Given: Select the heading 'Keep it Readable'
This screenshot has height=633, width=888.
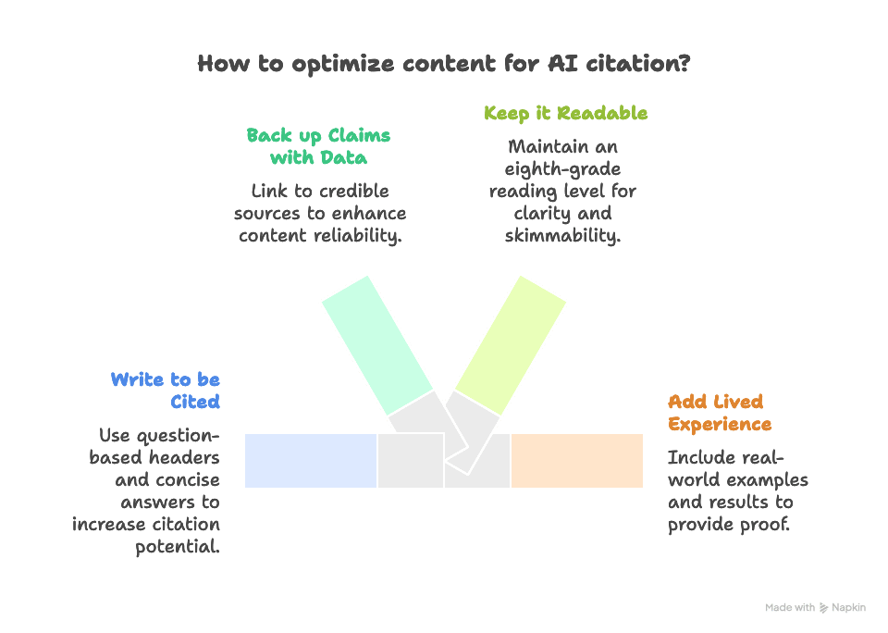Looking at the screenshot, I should pyautogui.click(x=565, y=113).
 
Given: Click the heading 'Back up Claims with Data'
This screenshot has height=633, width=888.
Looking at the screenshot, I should pyautogui.click(x=318, y=146).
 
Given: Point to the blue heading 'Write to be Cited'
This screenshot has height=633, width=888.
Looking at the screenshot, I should pyautogui.click(x=165, y=391).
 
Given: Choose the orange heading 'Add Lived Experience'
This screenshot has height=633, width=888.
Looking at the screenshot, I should pyautogui.click(x=720, y=413).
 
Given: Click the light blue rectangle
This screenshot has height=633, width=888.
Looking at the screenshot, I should pyautogui.click(x=310, y=460).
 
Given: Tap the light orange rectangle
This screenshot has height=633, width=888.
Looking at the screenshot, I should pyautogui.click(x=577, y=460).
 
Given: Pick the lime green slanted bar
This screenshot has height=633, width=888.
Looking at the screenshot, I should pyautogui.click(x=511, y=344).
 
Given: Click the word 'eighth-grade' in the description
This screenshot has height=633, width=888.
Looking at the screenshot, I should pyautogui.click(x=564, y=168).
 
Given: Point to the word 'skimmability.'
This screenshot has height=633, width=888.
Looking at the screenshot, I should pyautogui.click(x=563, y=235).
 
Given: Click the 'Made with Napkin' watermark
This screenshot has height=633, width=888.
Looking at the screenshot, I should pyautogui.click(x=815, y=608).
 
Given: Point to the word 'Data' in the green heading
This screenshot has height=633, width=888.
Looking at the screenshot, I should pyautogui.click(x=344, y=157).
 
